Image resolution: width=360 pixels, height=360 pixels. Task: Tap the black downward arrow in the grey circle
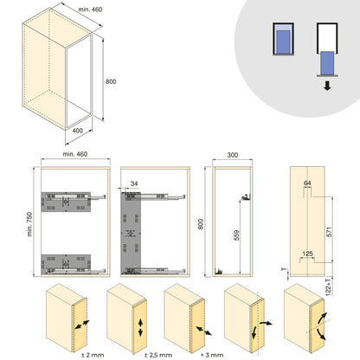[x=327, y=87]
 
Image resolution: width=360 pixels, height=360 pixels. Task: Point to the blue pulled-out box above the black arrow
[x=327, y=62]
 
